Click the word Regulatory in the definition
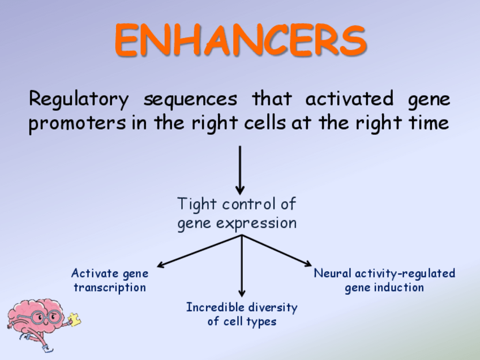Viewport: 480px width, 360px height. pyautogui.click(x=79, y=100)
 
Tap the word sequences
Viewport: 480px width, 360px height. pyautogui.click(x=190, y=100)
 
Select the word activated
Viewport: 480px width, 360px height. pyautogui.click(x=349, y=100)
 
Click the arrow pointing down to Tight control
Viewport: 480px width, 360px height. pyautogui.click(x=240, y=170)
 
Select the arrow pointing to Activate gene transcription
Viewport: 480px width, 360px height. pyautogui.click(x=198, y=251)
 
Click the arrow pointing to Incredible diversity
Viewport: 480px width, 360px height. pyautogui.click(x=242, y=266)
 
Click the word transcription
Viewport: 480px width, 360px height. pyautogui.click(x=110, y=288)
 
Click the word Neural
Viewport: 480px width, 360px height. pyautogui.click(x=333, y=273)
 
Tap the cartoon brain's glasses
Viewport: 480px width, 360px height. pyautogui.click(x=42, y=315)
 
